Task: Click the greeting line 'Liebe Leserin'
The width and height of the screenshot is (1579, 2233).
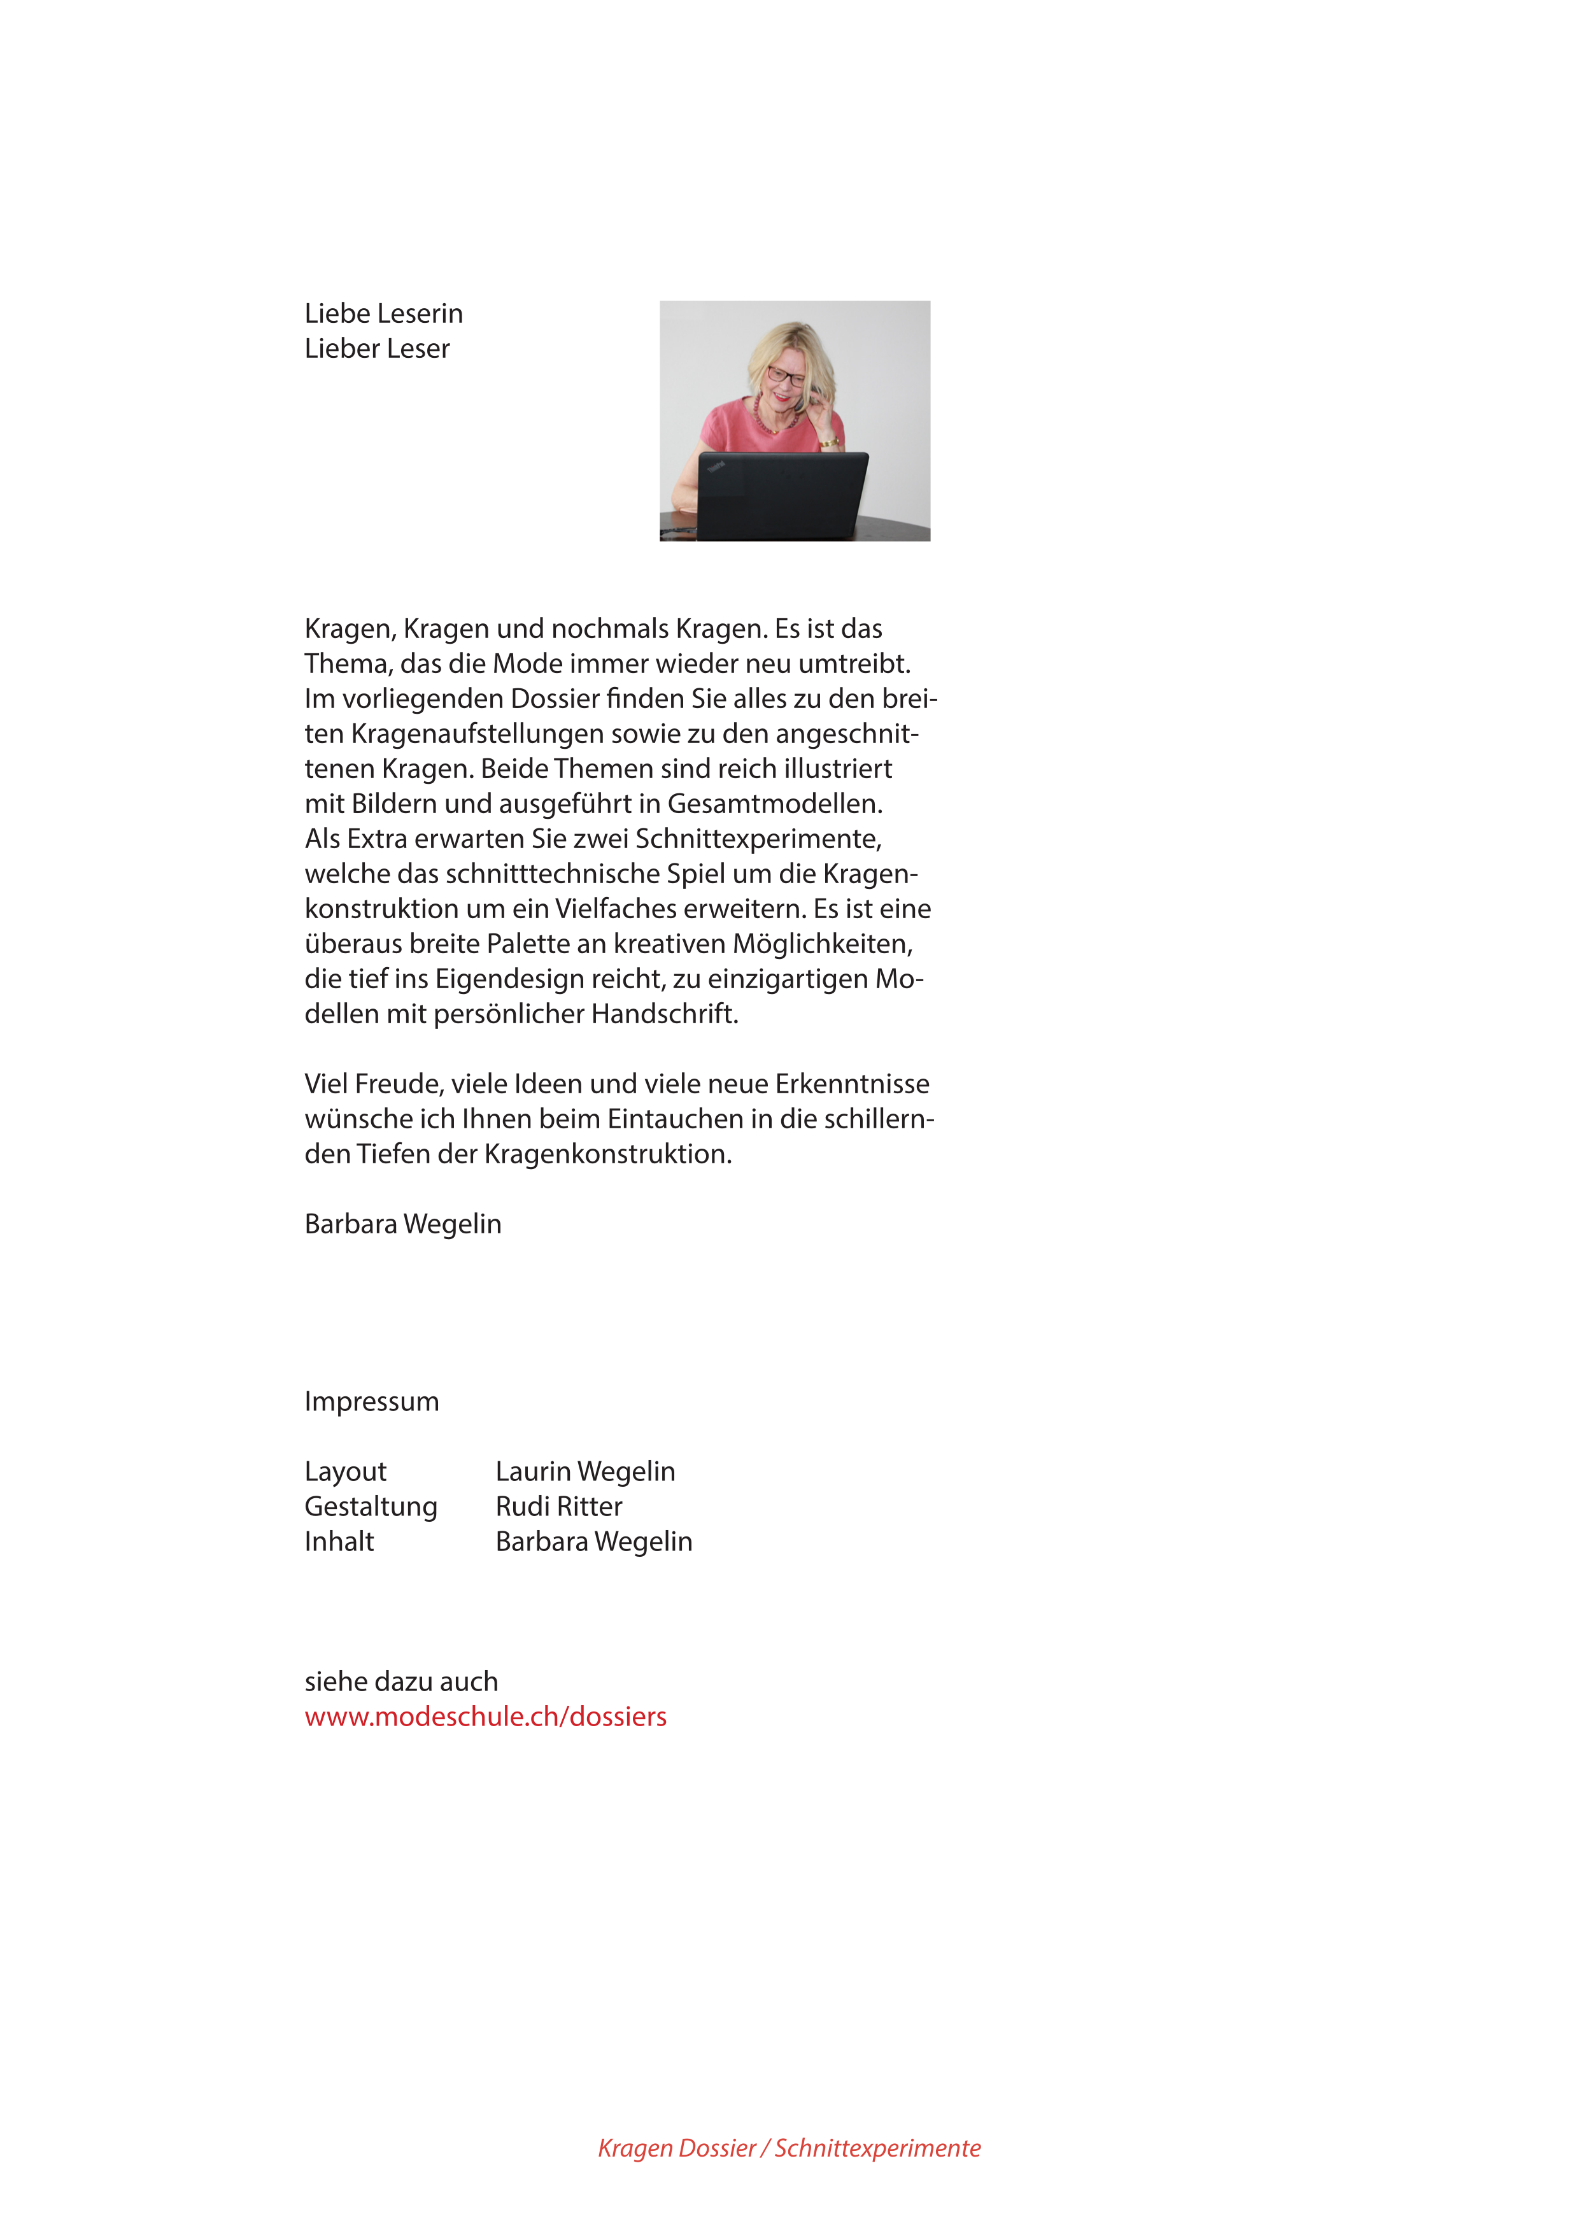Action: pyautogui.click(x=383, y=313)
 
